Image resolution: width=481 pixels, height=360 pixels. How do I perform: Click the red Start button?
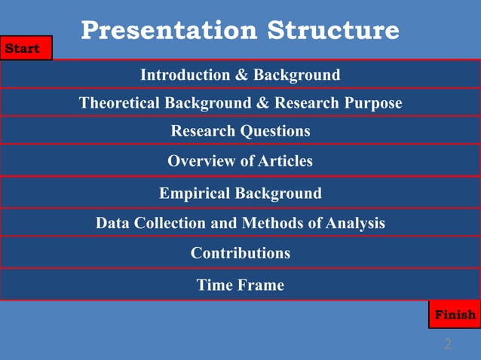point(26,48)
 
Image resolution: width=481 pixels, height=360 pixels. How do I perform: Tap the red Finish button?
point(454,314)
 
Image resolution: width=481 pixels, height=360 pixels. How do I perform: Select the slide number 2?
point(448,344)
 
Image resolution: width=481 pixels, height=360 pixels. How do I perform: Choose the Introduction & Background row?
point(240,75)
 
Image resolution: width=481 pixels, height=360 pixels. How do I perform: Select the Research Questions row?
point(240,131)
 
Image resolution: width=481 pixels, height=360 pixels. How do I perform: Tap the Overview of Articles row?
point(240,161)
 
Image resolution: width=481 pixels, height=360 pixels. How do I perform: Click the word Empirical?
point(195,194)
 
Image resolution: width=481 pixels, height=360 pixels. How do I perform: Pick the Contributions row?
point(240,253)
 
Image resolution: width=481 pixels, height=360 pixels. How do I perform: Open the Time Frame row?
point(240,285)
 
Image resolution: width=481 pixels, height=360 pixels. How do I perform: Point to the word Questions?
point(274,131)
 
